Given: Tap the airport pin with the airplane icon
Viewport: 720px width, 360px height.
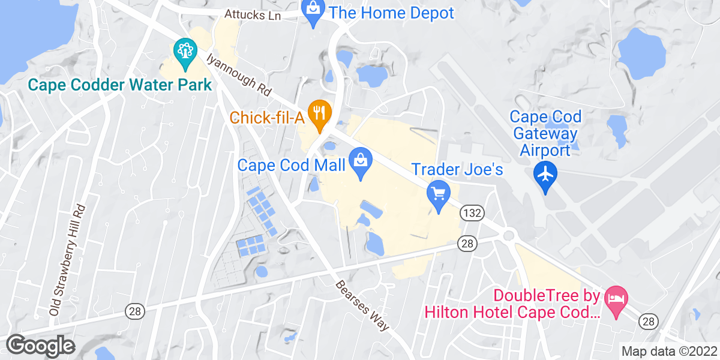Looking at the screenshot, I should click(x=545, y=176).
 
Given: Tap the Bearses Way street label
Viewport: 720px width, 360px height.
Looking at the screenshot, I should click(x=362, y=306).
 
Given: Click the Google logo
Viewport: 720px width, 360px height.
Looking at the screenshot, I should click(x=40, y=345).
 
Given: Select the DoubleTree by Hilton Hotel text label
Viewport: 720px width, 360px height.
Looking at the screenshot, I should click(x=512, y=304).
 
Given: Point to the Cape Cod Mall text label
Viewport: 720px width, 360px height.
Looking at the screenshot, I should click(x=292, y=164).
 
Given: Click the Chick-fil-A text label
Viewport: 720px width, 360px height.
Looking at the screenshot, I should click(x=268, y=118).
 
